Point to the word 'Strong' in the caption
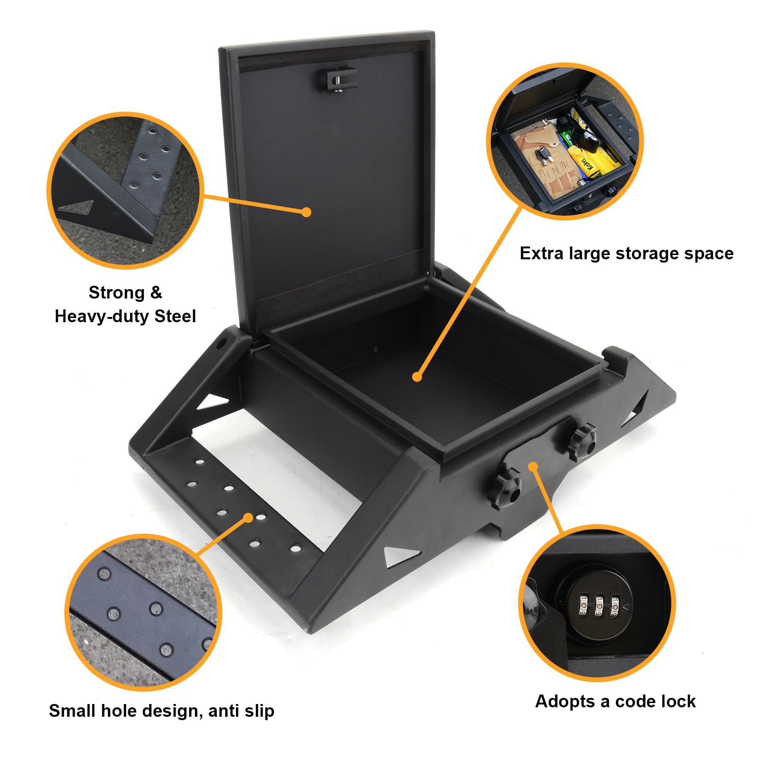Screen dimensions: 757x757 click(116, 293)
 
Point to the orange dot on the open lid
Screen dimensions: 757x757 click(307, 212)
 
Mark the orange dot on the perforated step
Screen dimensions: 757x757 click(249, 518)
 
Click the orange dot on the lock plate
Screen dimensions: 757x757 click(533, 467)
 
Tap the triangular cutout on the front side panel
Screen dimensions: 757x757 click(400, 556)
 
